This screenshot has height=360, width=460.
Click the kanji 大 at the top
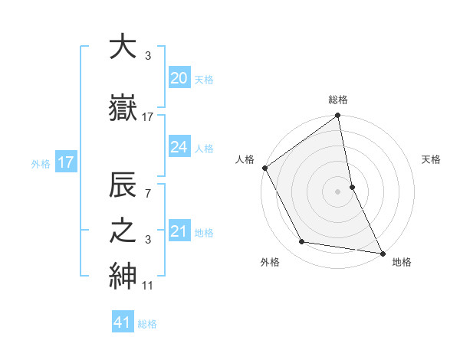click(123, 47)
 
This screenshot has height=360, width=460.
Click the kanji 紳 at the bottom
click(123, 277)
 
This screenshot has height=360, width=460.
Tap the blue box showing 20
click(179, 77)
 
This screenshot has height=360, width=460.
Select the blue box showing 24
click(179, 147)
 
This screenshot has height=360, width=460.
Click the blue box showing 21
click(179, 231)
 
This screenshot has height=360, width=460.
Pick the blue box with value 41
click(123, 322)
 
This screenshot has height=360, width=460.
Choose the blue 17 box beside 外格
click(65, 162)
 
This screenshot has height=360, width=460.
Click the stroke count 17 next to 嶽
click(148, 117)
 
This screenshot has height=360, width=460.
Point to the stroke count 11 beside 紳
click(148, 286)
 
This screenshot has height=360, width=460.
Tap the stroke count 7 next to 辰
click(148, 193)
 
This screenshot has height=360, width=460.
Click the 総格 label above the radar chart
click(338, 100)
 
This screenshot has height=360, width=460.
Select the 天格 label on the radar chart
click(432, 159)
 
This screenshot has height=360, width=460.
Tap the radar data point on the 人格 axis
click(265, 168)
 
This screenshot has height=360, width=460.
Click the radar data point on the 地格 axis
click(382, 252)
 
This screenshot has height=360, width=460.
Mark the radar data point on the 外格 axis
click(302, 242)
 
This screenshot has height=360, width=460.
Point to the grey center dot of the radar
click(338, 191)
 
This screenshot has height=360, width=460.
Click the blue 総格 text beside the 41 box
click(147, 324)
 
